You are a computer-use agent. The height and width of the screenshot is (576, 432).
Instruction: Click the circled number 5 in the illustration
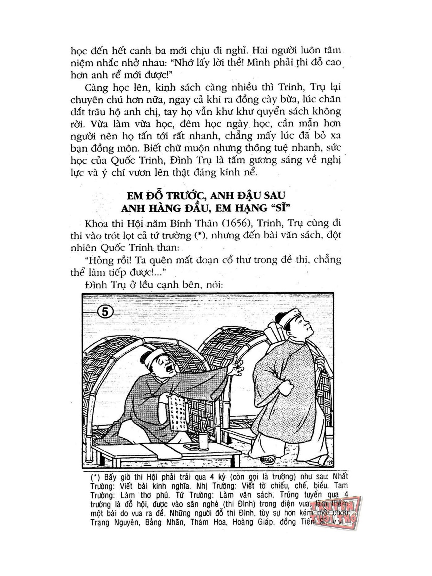(105, 312)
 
